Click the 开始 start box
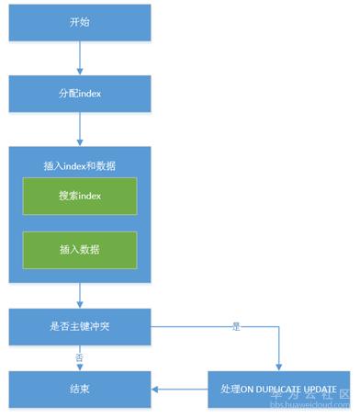click(x=80, y=23)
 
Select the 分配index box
click(x=80, y=93)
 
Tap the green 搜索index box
click(x=80, y=197)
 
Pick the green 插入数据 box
click(x=80, y=250)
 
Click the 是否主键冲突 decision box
click(x=80, y=325)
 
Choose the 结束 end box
click(x=80, y=390)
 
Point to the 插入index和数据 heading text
click(x=80, y=165)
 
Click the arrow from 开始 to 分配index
click(x=81, y=59)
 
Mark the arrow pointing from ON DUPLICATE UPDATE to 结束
click(x=179, y=390)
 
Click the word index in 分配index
click(x=90, y=93)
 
